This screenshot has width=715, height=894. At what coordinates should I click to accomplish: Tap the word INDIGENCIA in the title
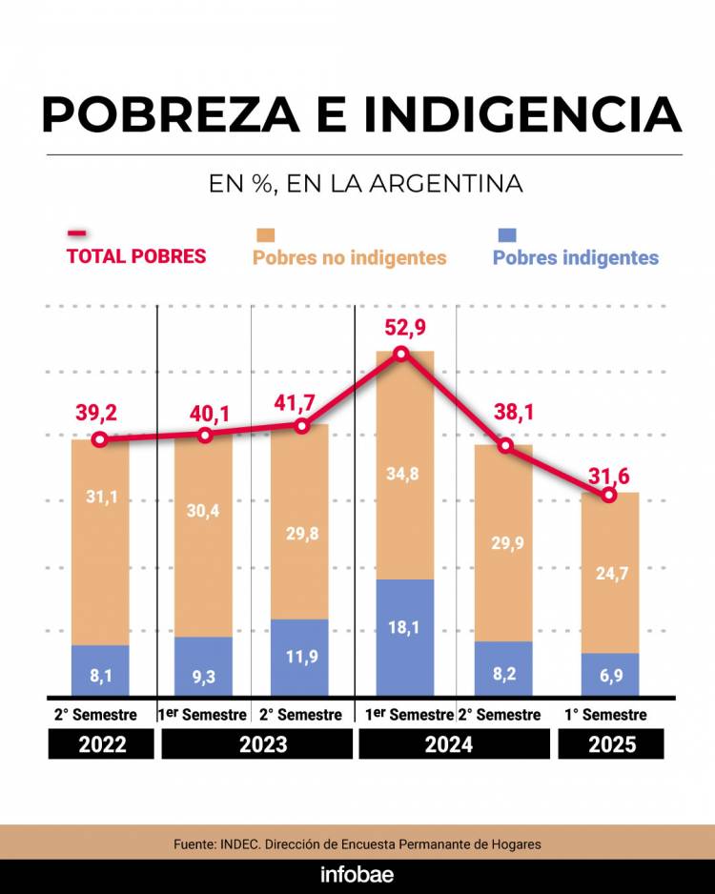tap(522, 115)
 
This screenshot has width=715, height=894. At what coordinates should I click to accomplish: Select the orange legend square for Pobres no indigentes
tap(265, 234)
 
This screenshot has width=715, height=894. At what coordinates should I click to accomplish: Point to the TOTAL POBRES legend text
tap(136, 256)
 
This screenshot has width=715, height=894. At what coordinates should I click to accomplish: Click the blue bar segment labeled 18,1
tap(404, 637)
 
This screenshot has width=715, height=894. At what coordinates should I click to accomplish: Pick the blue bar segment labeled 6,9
tap(610, 674)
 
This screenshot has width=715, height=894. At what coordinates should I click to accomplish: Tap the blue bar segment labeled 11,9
tap(302, 658)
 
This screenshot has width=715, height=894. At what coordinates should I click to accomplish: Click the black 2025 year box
tap(611, 744)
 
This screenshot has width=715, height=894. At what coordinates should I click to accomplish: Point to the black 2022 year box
tap(101, 744)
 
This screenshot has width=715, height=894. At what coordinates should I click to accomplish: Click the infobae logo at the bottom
tap(357, 875)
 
